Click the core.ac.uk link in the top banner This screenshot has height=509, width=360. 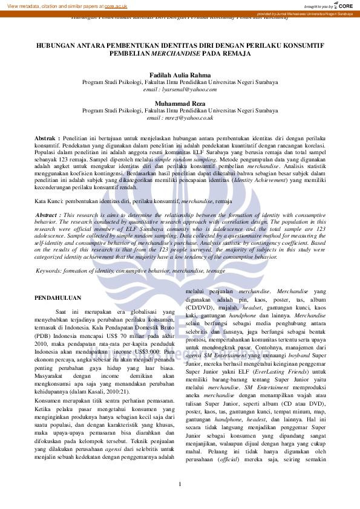click(x=116, y=6)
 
